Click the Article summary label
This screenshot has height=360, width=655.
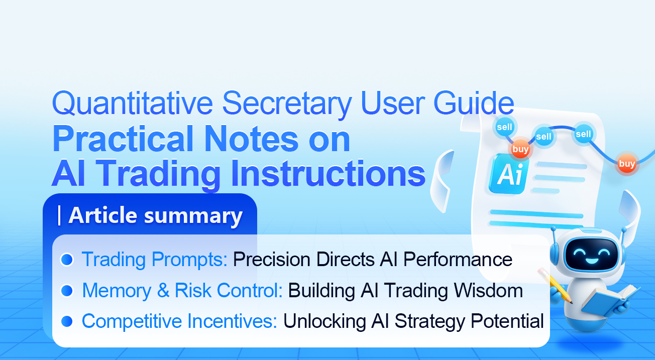coord(155,215)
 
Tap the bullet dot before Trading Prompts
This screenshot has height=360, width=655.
coord(67,260)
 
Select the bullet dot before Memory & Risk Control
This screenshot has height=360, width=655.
coord(67,291)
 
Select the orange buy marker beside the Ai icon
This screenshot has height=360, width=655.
coord(520,149)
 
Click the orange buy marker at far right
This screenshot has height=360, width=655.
coord(627,164)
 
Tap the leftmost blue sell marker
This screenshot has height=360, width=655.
coord(504,127)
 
